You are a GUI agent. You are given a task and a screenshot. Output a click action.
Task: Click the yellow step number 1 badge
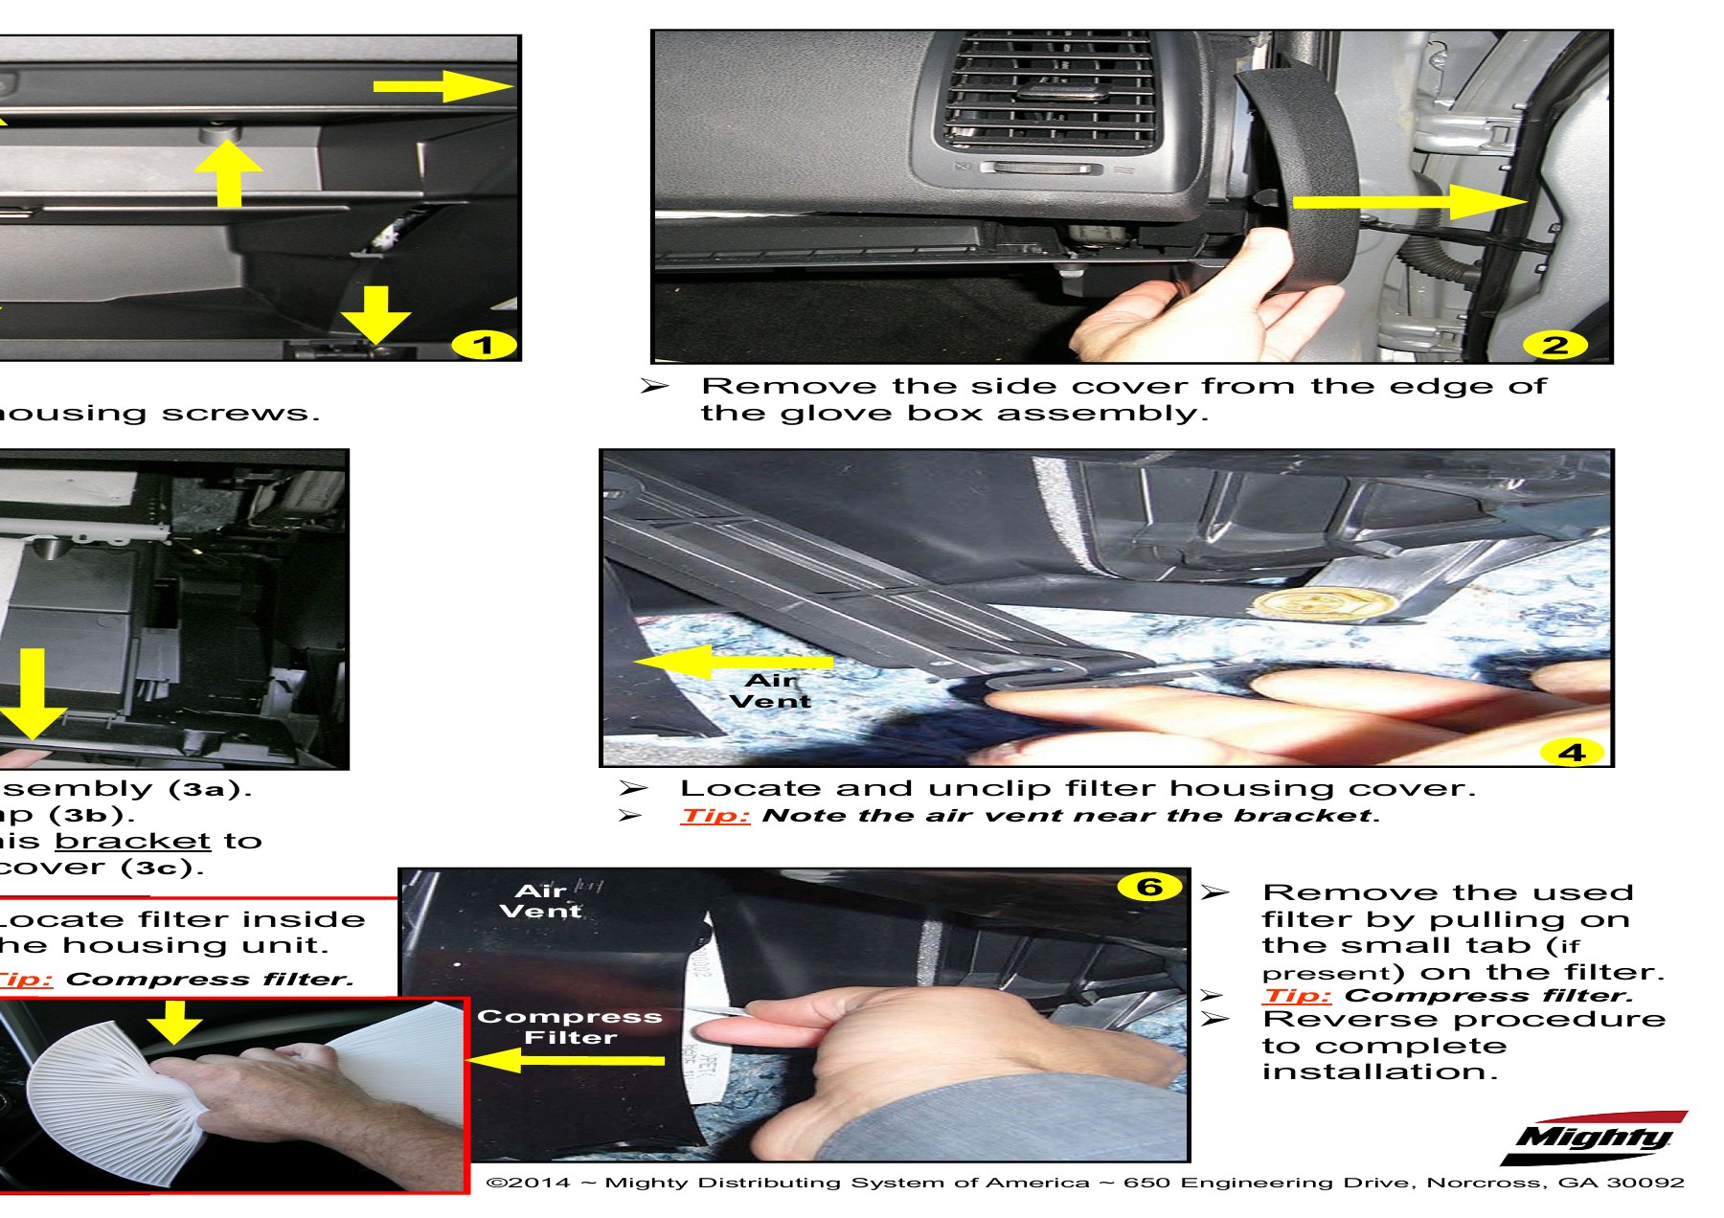pyautogui.click(x=484, y=345)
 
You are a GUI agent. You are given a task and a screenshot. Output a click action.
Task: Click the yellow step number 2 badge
pyautogui.click(x=1555, y=345)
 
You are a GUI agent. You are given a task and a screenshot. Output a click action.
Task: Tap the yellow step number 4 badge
pyautogui.click(x=1572, y=753)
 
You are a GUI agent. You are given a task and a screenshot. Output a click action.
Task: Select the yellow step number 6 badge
pyautogui.click(x=1148, y=888)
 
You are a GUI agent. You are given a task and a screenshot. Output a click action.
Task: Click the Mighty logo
pyautogui.click(x=1594, y=1139)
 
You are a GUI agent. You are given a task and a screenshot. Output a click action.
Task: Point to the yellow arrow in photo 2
pyautogui.click(x=1408, y=202)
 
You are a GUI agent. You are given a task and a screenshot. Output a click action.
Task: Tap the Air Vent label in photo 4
pyautogui.click(x=770, y=690)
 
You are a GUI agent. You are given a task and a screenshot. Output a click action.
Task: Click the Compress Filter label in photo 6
pyautogui.click(x=570, y=1026)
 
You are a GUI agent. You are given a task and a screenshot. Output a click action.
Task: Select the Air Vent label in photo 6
pyautogui.click(x=541, y=901)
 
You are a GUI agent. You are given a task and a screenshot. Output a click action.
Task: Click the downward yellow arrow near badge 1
pyautogui.click(x=378, y=314)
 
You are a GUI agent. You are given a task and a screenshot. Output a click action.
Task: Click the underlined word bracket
pyautogui.click(x=132, y=841)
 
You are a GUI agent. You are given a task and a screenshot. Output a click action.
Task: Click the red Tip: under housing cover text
pyautogui.click(x=715, y=816)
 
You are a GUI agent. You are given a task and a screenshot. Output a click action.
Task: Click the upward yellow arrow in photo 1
pyautogui.click(x=228, y=172)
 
